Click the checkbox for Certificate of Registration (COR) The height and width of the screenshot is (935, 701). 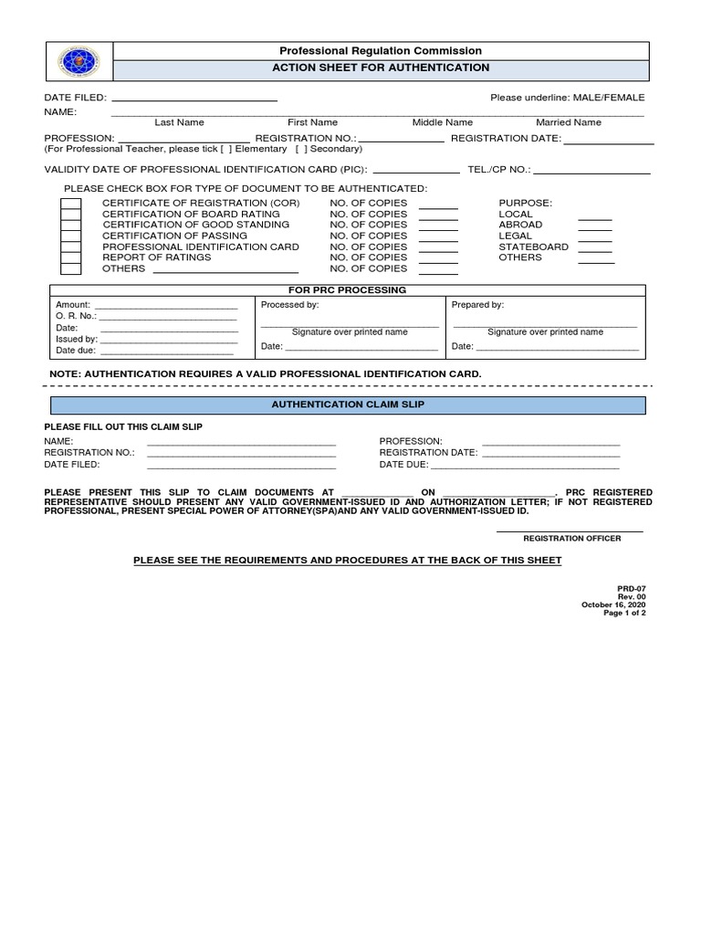pyautogui.click(x=70, y=204)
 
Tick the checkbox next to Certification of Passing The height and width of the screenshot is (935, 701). pyautogui.click(x=70, y=236)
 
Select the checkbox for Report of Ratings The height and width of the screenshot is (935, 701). pyautogui.click(x=70, y=257)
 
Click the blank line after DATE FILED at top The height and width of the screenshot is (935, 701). pyautogui.click(x=194, y=98)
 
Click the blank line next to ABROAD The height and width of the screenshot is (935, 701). pyautogui.click(x=595, y=225)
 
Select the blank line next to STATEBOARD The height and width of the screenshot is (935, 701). pyautogui.click(x=595, y=247)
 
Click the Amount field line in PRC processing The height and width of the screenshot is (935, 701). pyautogui.click(x=166, y=306)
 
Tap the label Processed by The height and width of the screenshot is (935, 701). pyautogui.click(x=289, y=305)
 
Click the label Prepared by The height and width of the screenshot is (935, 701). pyautogui.click(x=477, y=305)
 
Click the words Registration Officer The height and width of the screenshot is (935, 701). pyautogui.click(x=571, y=539)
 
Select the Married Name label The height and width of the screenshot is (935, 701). pyautogui.click(x=568, y=122)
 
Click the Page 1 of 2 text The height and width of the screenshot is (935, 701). pyautogui.click(x=624, y=613)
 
